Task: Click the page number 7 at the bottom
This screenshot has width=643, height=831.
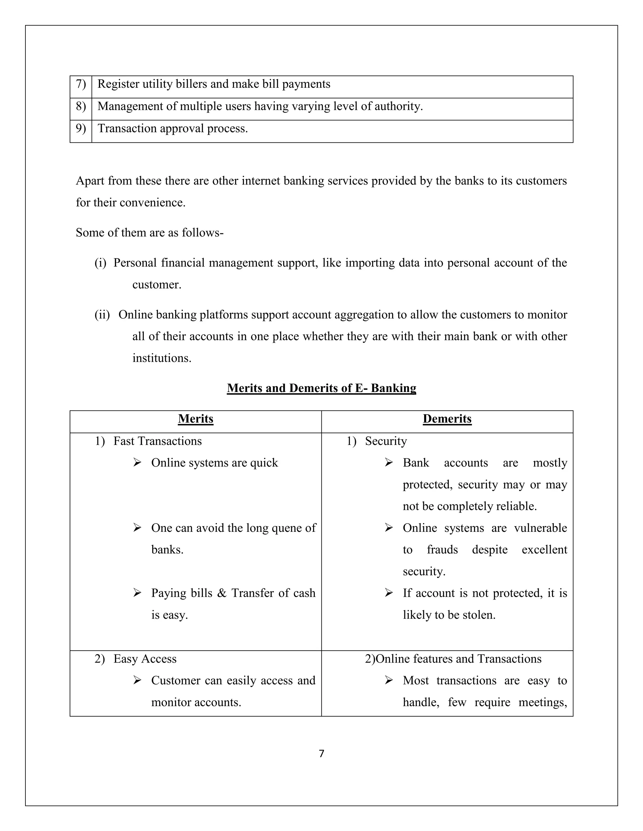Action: click(321, 753)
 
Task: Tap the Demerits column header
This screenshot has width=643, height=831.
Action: click(447, 419)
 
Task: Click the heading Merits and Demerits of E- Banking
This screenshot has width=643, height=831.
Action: click(321, 388)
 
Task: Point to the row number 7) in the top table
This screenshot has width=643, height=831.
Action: click(81, 84)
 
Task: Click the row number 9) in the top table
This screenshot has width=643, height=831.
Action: click(81, 129)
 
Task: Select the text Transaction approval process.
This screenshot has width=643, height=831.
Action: click(173, 129)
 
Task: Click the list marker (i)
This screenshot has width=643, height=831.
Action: click(100, 263)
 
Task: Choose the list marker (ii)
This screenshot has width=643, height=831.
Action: click(102, 315)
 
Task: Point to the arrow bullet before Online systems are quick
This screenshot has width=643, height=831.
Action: click(138, 463)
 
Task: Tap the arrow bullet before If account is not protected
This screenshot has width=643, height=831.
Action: click(389, 593)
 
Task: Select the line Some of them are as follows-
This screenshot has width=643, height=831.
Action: click(149, 232)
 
